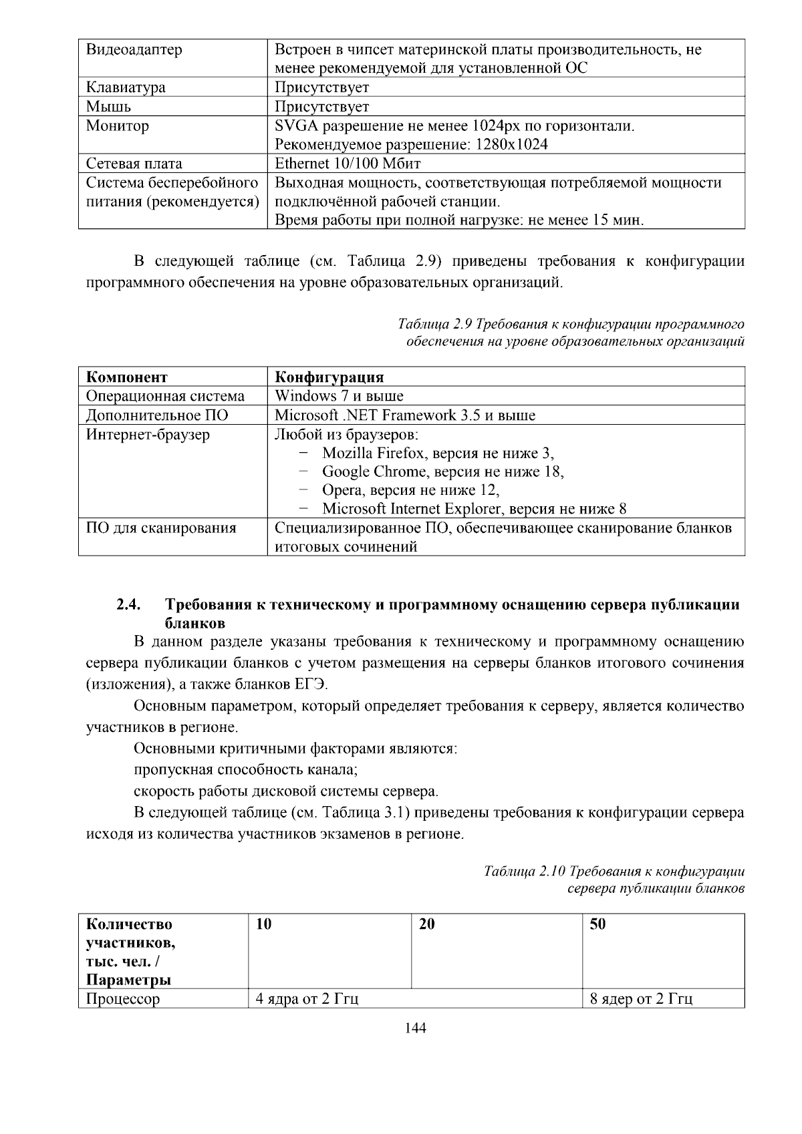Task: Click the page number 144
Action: [415, 1028]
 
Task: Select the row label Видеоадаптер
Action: [134, 50]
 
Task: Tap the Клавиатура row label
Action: [126, 87]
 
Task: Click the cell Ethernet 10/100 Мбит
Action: [348, 164]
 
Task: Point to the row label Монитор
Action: [118, 126]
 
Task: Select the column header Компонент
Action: [127, 377]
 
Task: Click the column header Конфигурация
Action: [329, 377]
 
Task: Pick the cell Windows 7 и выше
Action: [339, 396]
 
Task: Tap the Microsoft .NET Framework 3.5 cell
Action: [405, 415]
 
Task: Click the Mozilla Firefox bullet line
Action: [438, 453]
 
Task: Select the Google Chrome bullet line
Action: [442, 472]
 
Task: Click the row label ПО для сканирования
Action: [161, 528]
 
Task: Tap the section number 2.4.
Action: [128, 605]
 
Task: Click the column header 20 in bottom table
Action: [427, 924]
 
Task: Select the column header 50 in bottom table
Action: [597, 924]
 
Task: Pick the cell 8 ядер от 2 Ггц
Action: [641, 1000]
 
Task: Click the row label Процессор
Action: [123, 1000]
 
